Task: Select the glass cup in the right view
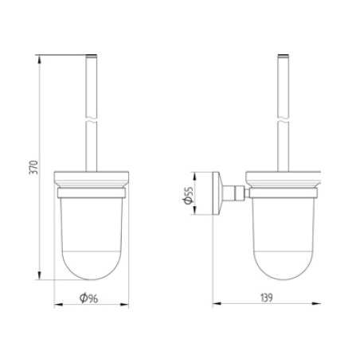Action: [x=284, y=239]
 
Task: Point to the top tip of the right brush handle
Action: [x=284, y=56]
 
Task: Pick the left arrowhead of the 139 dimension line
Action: [x=217, y=306]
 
